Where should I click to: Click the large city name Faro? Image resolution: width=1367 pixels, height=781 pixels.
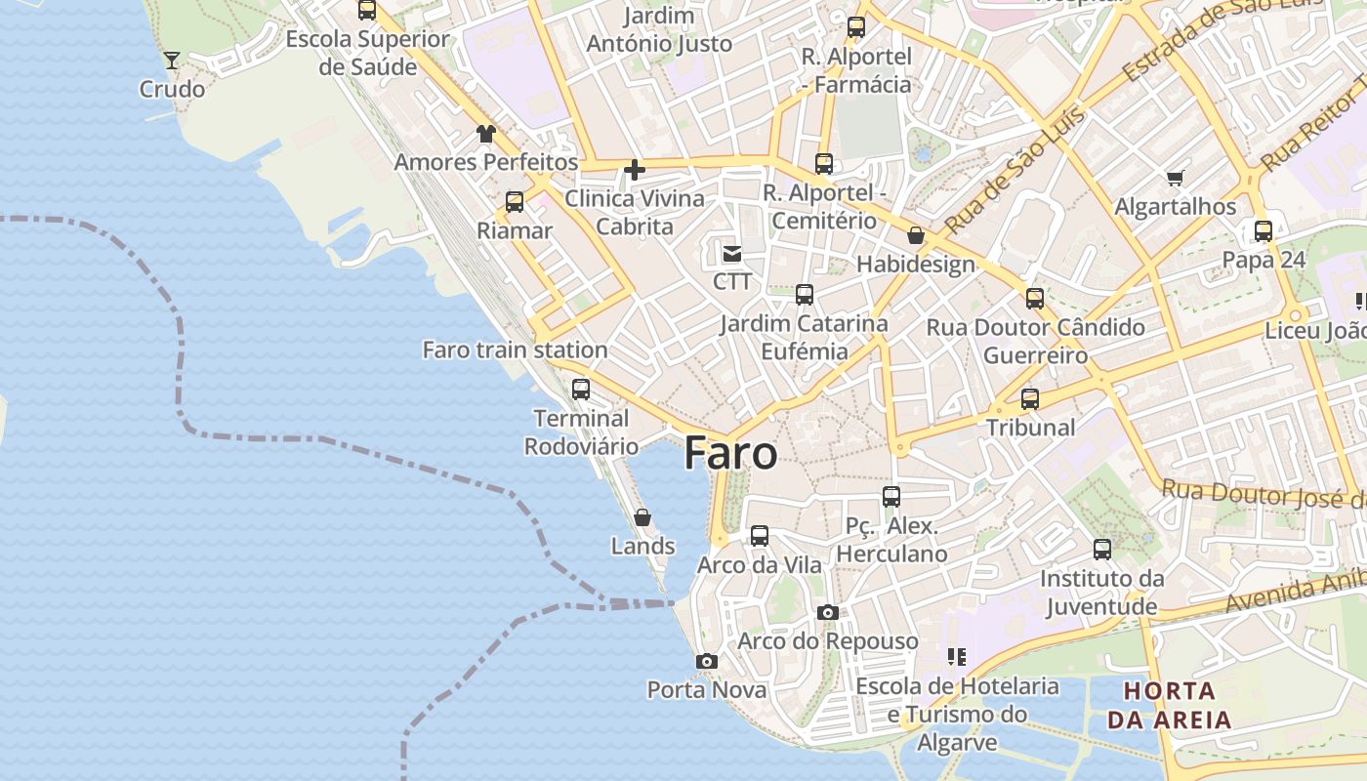coord(730,454)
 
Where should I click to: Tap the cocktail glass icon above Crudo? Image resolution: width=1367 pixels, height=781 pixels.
coord(172,61)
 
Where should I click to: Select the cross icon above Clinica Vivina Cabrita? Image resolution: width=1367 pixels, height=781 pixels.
coord(635,170)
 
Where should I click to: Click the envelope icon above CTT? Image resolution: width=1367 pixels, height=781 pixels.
coord(731,254)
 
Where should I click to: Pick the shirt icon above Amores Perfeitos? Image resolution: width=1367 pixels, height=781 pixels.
coord(485,134)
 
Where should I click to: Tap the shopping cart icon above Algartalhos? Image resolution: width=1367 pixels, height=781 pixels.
coord(1176,178)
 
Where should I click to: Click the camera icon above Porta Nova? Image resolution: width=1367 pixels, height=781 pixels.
coord(707,662)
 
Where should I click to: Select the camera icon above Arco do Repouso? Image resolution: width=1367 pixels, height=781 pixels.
coord(828,613)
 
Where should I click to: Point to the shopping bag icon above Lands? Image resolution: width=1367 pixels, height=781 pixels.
coord(642,517)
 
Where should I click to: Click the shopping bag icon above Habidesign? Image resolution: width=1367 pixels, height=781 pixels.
coord(916,235)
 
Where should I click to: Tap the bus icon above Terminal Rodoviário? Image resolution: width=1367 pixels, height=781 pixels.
coord(581,390)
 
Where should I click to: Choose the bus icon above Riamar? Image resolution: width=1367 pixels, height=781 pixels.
coord(515,202)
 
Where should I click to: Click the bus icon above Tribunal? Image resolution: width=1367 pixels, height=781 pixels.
coord(1030,398)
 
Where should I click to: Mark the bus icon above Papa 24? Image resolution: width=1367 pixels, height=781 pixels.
coord(1263,231)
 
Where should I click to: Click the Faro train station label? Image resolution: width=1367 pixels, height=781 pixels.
coord(515,349)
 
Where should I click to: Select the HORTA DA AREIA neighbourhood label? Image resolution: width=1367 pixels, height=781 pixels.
coord(1169,706)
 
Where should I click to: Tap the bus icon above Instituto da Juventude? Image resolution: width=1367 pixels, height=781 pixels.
coord(1102,550)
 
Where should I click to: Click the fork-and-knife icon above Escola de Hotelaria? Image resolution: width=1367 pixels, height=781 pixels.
coord(957,657)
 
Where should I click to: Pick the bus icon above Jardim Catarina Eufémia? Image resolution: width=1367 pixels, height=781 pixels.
coord(805,295)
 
